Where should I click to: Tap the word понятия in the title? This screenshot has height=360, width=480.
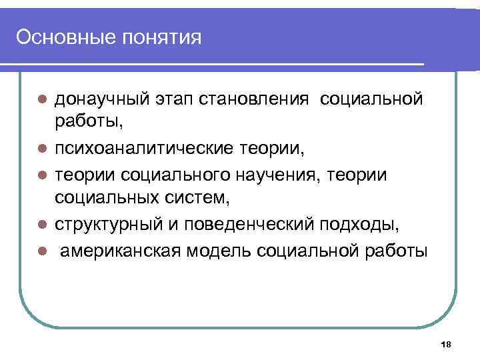tap(158, 37)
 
